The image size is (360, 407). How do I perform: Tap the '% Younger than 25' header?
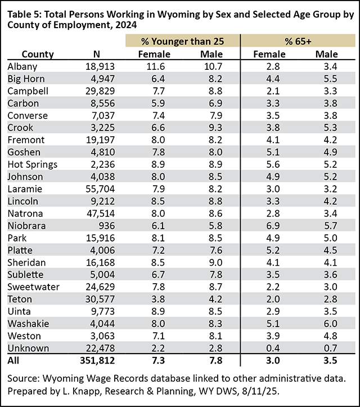tap(183, 41)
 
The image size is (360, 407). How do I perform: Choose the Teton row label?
tap(19, 298)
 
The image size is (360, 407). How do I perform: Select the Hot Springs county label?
tap(30, 164)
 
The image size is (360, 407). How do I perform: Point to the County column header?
tap(38, 54)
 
